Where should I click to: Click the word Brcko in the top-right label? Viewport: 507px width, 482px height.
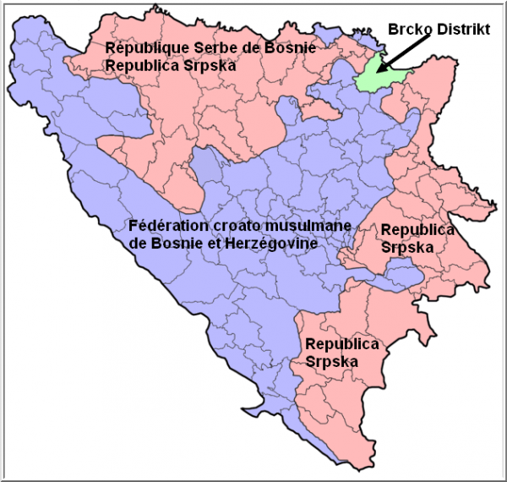click(407, 29)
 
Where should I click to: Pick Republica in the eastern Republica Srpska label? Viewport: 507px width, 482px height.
click(417, 230)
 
